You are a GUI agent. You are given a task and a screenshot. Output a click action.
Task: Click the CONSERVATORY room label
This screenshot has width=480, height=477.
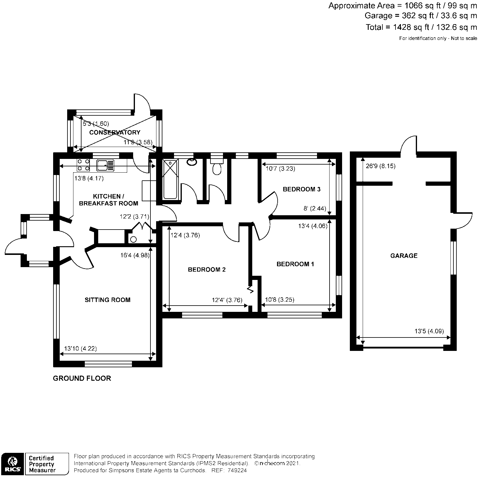point(115,132)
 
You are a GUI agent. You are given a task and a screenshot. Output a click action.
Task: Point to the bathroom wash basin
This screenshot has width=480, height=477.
point(191,162)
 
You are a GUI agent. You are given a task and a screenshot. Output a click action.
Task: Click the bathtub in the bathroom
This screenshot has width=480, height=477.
point(170,179)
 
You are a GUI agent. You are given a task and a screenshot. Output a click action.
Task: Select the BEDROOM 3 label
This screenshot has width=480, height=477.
point(301,189)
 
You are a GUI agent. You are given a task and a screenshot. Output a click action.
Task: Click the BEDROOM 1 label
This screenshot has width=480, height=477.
point(295,264)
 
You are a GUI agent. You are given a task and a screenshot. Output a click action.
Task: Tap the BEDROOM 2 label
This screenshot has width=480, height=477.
point(207,270)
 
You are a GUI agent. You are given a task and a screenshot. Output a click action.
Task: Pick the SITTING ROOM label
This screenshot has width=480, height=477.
point(107,300)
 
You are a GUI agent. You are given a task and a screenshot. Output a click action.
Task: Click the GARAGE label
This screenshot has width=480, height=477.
point(404,256)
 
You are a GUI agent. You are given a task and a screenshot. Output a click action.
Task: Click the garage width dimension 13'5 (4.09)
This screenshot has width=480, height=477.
point(429,331)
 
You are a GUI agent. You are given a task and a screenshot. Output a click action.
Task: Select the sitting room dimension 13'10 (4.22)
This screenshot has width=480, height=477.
point(81,348)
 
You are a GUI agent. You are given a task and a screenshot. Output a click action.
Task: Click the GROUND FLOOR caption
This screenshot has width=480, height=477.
point(82,378)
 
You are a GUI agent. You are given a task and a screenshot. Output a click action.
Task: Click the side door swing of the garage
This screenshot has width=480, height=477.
point(464,221)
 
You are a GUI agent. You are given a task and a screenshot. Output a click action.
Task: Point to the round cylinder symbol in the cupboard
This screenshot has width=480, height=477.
point(133,239)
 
